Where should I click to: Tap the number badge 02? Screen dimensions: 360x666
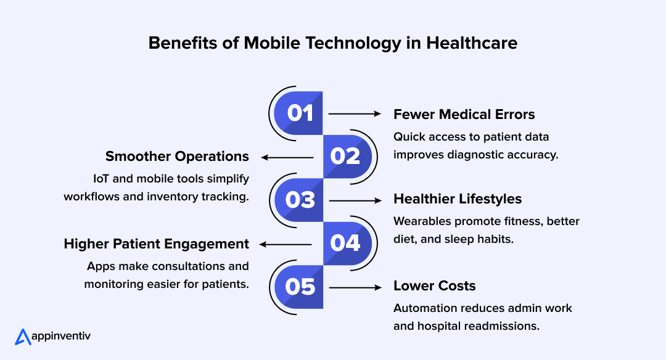345,157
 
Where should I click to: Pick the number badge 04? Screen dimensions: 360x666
345,243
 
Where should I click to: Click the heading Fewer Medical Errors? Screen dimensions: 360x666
464,114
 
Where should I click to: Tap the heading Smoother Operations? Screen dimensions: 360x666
177,156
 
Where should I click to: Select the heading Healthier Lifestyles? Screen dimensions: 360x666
458,199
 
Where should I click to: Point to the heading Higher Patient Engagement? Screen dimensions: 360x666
157,243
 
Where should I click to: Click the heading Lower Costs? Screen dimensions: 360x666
435,286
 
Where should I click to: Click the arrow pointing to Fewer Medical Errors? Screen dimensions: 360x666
355,113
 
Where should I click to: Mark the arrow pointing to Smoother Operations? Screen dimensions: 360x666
287,157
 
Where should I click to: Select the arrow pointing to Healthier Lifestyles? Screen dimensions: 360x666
355,200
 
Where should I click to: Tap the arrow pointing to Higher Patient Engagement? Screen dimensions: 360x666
287,244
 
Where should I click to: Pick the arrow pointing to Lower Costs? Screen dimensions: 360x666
355,287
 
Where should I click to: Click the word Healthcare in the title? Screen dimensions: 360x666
472,43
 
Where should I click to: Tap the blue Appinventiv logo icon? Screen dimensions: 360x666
23,337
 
